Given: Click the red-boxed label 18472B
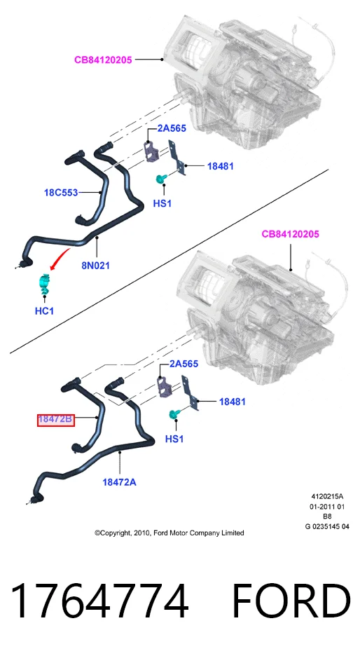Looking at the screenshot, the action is pyautogui.click(x=55, y=419).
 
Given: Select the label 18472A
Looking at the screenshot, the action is pyautogui.click(x=120, y=482).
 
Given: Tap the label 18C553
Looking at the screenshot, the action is pyautogui.click(x=61, y=193).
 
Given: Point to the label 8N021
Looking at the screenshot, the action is pyautogui.click(x=96, y=265).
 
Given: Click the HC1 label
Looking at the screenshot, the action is pyautogui.click(x=44, y=311).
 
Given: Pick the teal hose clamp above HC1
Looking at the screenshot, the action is pyautogui.click(x=44, y=283).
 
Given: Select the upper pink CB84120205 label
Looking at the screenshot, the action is pyautogui.click(x=103, y=60).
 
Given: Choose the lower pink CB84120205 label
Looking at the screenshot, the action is pyautogui.click(x=290, y=234).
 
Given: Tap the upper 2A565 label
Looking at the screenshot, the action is pyautogui.click(x=172, y=128).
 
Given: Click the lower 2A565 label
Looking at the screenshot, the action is pyautogui.click(x=184, y=364).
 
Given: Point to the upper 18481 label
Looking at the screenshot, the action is pyautogui.click(x=221, y=166).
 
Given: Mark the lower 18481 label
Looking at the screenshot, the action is pyautogui.click(x=233, y=402).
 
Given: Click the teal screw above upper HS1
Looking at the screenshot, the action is pyautogui.click(x=160, y=179).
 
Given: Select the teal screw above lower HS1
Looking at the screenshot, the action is pyautogui.click(x=173, y=414).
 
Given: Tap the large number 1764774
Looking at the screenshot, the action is pyautogui.click(x=99, y=601).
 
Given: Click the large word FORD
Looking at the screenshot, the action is pyautogui.click(x=291, y=601).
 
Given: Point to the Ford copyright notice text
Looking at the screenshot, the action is pyautogui.click(x=169, y=533).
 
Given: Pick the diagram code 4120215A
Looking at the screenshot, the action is pyautogui.click(x=327, y=497).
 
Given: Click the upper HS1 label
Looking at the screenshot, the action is pyautogui.click(x=162, y=204).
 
